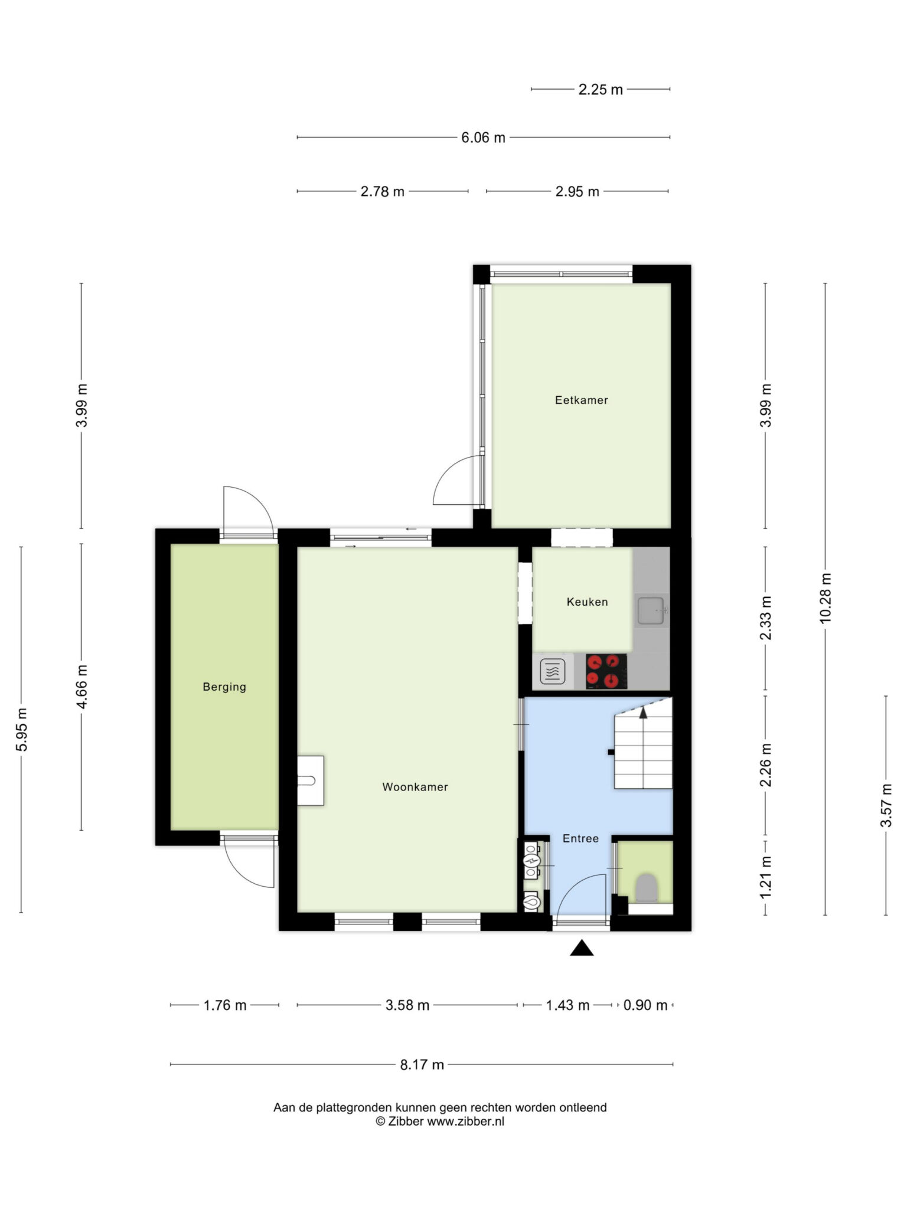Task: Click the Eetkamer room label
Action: pyautogui.click(x=581, y=400)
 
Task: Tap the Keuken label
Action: pyautogui.click(x=587, y=602)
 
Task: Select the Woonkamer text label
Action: pyautogui.click(x=415, y=787)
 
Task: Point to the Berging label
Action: pyautogui.click(x=224, y=687)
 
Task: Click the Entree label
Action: pyautogui.click(x=580, y=838)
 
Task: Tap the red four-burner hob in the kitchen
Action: pyautogui.click(x=606, y=671)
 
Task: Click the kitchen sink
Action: pyautogui.click(x=652, y=610)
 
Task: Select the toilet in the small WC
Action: pyautogui.click(x=646, y=887)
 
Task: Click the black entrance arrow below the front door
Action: pyautogui.click(x=582, y=948)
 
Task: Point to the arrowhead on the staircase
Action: pyautogui.click(x=644, y=713)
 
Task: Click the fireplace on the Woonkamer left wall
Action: pyautogui.click(x=311, y=780)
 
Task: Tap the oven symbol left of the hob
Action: pyautogui.click(x=553, y=671)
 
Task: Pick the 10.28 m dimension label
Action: pyautogui.click(x=826, y=597)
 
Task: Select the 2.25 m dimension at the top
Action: pyautogui.click(x=601, y=90)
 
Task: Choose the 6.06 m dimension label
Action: pyautogui.click(x=483, y=138)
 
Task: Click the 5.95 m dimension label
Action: pyautogui.click(x=22, y=729)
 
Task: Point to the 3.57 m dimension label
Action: pyautogui.click(x=886, y=805)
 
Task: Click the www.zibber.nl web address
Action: pyautogui.click(x=466, y=1122)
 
